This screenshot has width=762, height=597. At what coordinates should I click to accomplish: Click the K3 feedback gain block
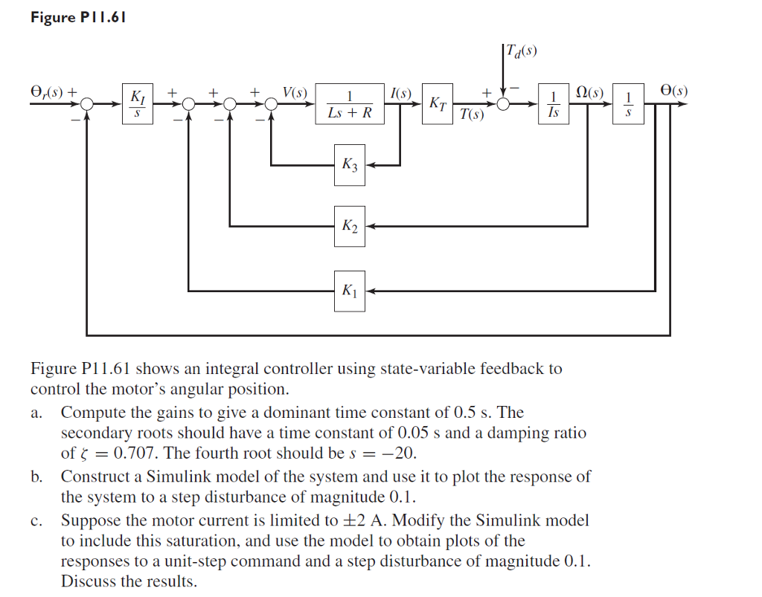[x=350, y=165]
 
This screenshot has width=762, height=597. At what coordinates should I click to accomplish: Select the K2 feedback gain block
[x=350, y=226]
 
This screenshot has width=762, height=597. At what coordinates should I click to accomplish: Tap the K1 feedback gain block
[x=350, y=291]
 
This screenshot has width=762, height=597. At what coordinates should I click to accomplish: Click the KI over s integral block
[x=138, y=104]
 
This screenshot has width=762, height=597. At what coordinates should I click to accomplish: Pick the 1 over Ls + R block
[x=350, y=104]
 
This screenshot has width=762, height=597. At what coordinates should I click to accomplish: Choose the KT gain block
[x=438, y=104]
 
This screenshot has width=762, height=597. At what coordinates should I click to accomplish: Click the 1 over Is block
[x=553, y=104]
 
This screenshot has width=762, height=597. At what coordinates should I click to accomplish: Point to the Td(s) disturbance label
[x=522, y=51]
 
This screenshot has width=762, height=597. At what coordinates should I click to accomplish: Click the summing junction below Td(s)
[x=504, y=104]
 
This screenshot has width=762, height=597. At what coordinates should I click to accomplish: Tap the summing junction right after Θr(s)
[x=87, y=104]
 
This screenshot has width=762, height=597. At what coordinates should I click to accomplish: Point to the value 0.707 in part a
[x=136, y=453]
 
